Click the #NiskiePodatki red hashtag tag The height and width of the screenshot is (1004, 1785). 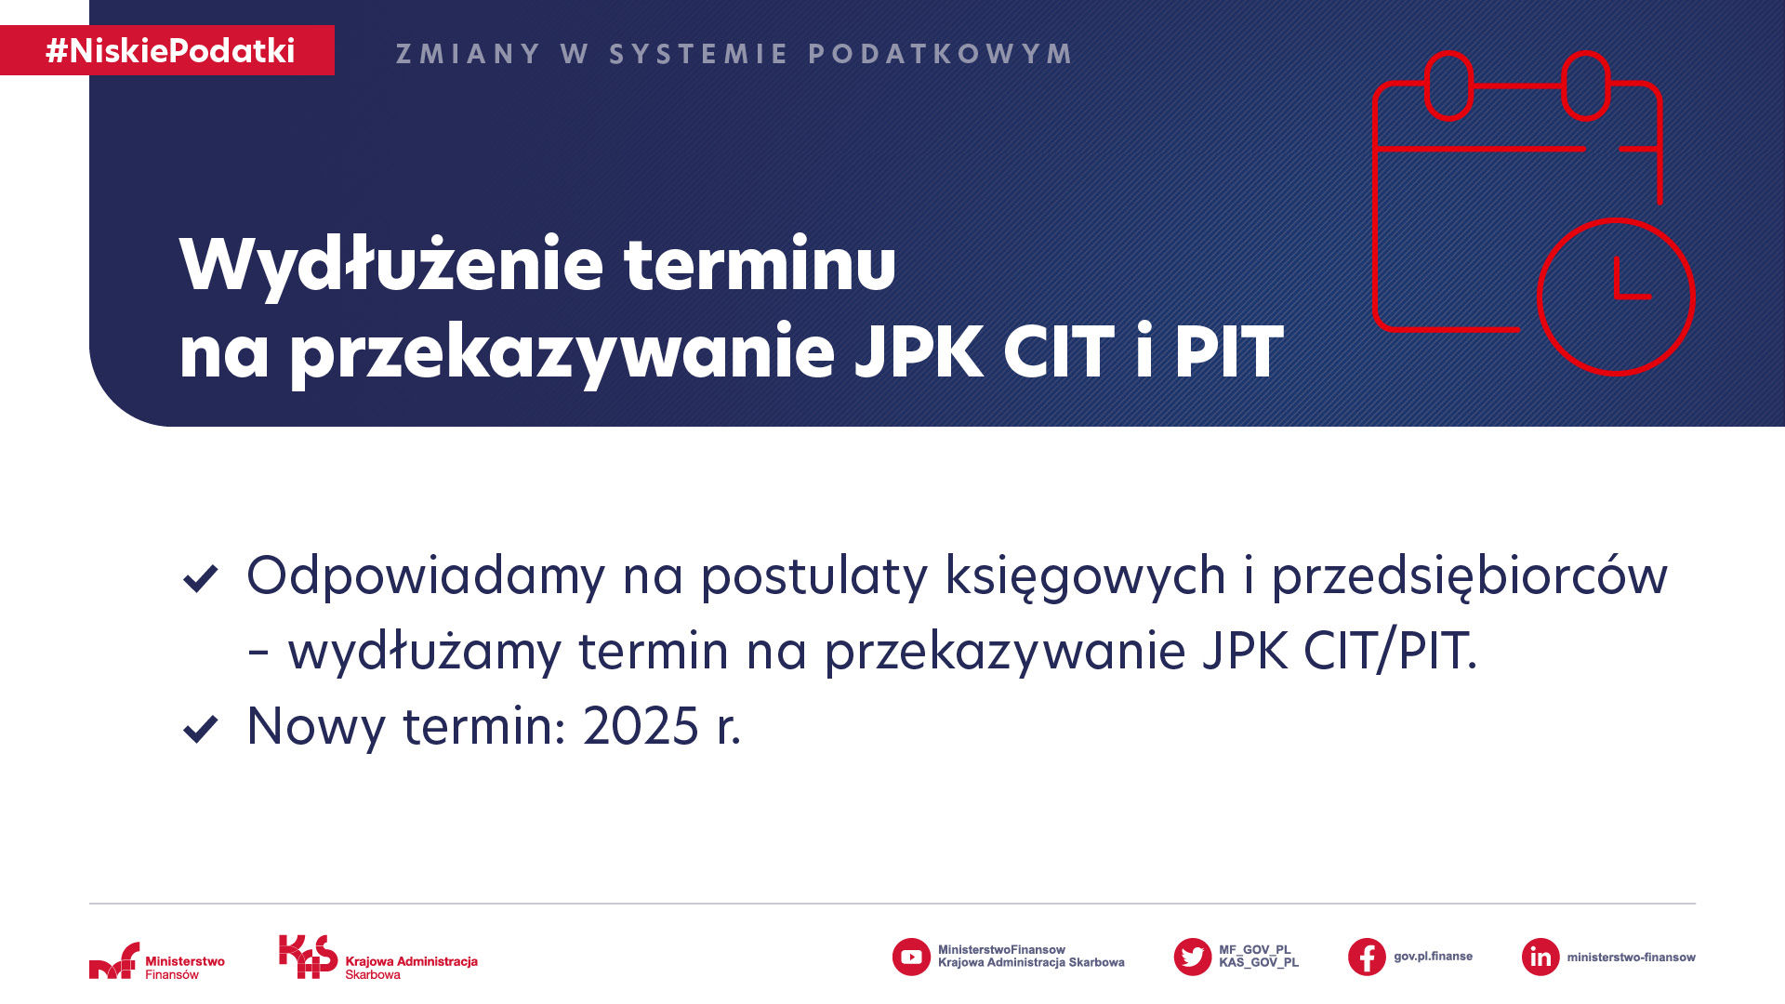point(167,50)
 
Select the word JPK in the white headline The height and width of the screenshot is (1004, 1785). point(919,352)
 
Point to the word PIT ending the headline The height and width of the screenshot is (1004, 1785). point(1228,352)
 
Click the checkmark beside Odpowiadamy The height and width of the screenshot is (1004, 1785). point(200,578)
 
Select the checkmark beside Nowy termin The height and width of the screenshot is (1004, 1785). point(200,729)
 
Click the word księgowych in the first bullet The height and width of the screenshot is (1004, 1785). point(1086,576)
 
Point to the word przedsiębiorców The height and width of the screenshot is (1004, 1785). point(1470,576)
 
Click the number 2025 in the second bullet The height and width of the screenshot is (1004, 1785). point(641,726)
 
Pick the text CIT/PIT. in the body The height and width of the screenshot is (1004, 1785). point(1390,651)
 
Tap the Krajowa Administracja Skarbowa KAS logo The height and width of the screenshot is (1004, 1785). point(378,958)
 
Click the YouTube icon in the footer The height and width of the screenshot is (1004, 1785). point(911,957)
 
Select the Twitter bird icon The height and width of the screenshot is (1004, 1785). point(1193,957)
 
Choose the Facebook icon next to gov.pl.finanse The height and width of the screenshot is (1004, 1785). point(1367,957)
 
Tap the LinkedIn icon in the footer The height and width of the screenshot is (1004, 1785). point(1540,957)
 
